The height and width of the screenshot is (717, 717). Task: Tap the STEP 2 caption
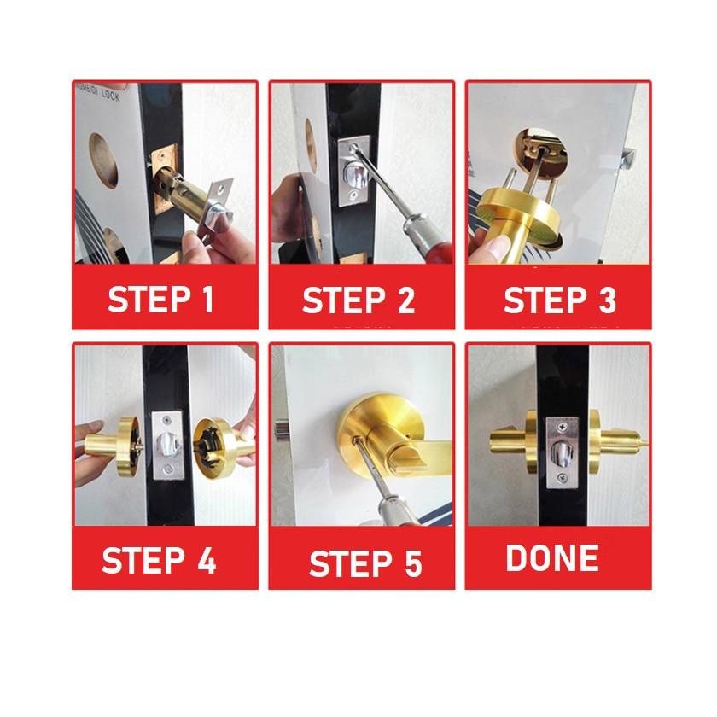coord(358,300)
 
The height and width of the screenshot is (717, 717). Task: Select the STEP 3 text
coord(558,300)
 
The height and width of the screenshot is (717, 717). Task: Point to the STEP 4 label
coord(160,561)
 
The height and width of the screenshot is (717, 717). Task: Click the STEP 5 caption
coord(365,564)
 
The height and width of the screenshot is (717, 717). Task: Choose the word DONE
coord(551,558)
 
